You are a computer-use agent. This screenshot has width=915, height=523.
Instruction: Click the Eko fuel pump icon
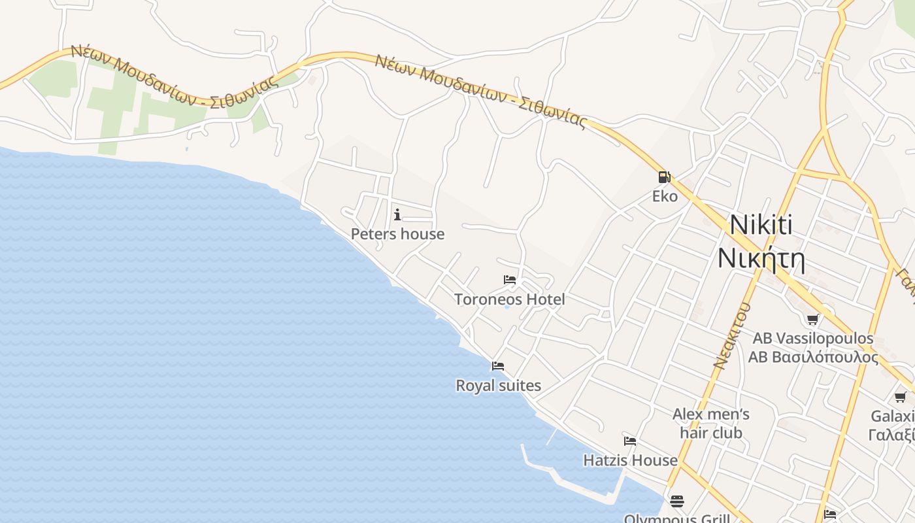coord(664,177)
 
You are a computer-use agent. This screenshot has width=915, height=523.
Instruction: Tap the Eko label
coord(665,196)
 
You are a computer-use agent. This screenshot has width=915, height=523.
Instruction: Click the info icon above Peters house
coord(397,214)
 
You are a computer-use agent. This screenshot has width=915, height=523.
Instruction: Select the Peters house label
coord(397,234)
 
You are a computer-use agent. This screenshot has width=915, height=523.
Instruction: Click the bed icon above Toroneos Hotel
coord(510,280)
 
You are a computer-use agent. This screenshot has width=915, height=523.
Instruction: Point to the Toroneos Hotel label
coord(509,299)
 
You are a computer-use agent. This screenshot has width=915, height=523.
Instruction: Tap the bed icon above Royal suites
coord(498,366)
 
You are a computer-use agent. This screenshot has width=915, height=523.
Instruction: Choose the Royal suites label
coord(498,386)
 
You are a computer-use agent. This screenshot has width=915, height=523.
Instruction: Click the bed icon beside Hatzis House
coord(630,441)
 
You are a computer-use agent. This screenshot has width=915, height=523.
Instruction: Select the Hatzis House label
coord(630,460)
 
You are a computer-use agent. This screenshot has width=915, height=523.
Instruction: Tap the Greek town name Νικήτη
coord(761,259)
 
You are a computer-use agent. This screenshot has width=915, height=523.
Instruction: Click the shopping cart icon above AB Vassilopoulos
coord(812,319)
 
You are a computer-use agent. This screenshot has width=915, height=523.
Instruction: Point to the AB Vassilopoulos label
coord(812,338)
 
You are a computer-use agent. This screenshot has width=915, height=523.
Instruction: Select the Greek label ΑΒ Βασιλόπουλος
coord(812,357)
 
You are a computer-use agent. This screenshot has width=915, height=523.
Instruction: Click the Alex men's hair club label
coord(711,423)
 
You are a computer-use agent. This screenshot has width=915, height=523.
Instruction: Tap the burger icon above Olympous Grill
coord(676,501)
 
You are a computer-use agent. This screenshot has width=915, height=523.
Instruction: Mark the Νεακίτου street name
coord(732,336)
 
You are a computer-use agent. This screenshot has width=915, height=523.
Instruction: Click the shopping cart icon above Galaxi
coord(900,397)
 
